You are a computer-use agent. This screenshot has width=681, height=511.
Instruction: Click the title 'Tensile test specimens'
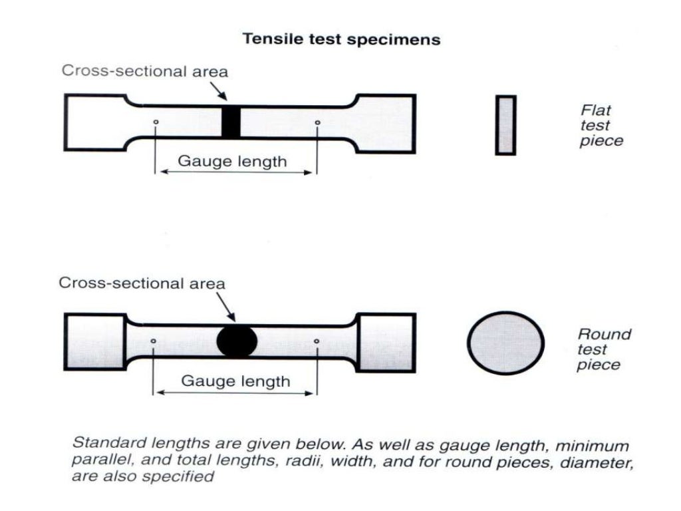pyautogui.click(x=341, y=39)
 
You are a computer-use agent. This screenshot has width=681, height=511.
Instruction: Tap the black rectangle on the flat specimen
pyautogui.click(x=230, y=122)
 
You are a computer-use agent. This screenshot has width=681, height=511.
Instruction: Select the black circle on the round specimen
pyautogui.click(x=237, y=342)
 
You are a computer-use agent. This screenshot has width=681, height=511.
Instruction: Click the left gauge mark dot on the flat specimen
pyautogui.click(x=155, y=122)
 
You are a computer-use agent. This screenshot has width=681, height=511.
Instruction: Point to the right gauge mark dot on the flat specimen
pyautogui.click(x=317, y=122)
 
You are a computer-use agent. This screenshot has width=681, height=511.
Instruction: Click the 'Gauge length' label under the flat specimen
pyautogui.click(x=232, y=161)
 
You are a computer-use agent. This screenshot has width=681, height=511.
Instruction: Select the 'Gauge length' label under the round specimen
pyautogui.click(x=235, y=381)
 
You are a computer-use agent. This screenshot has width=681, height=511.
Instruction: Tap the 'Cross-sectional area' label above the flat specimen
pyautogui.click(x=145, y=71)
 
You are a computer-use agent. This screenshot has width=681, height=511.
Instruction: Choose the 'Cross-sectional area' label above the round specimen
pyautogui.click(x=142, y=283)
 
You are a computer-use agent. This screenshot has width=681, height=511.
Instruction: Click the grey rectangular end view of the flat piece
pyautogui.click(x=505, y=125)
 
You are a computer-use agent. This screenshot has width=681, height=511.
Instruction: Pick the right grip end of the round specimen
pyautogui.click(x=386, y=342)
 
